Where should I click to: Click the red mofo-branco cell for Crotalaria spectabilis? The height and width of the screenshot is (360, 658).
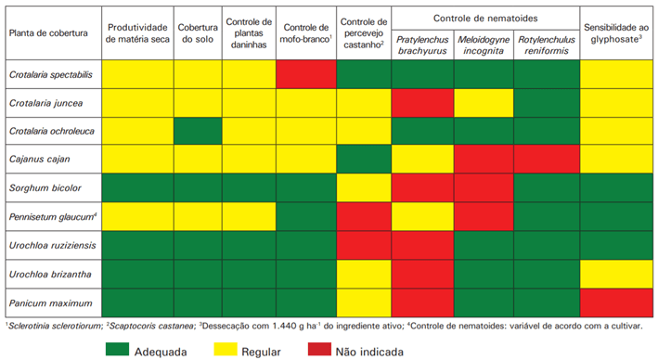[306, 74]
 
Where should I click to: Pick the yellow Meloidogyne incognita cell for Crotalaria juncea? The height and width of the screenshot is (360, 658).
[484, 102]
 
